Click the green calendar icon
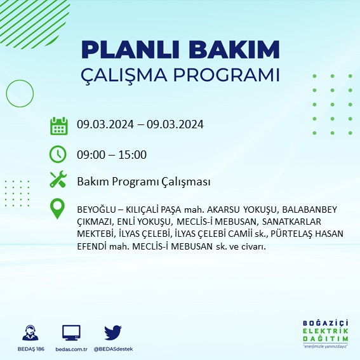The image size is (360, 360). (58, 126)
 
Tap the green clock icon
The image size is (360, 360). (58, 154)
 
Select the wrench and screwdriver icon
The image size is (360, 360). (58, 181)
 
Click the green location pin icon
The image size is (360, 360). (58, 209)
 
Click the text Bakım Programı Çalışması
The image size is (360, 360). (143, 182)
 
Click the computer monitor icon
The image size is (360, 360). (71, 332)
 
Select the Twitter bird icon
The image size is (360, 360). (112, 332)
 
